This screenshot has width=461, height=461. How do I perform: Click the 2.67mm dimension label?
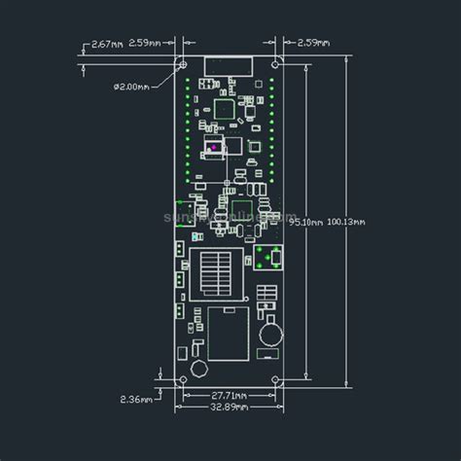(108, 44)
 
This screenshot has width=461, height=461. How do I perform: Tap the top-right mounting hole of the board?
(275, 59)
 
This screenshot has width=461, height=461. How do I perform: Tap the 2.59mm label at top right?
(312, 44)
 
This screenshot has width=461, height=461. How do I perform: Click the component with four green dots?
(268, 259)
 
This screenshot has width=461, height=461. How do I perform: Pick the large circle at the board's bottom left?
(198, 370)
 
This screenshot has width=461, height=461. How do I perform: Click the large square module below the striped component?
(228, 332)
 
